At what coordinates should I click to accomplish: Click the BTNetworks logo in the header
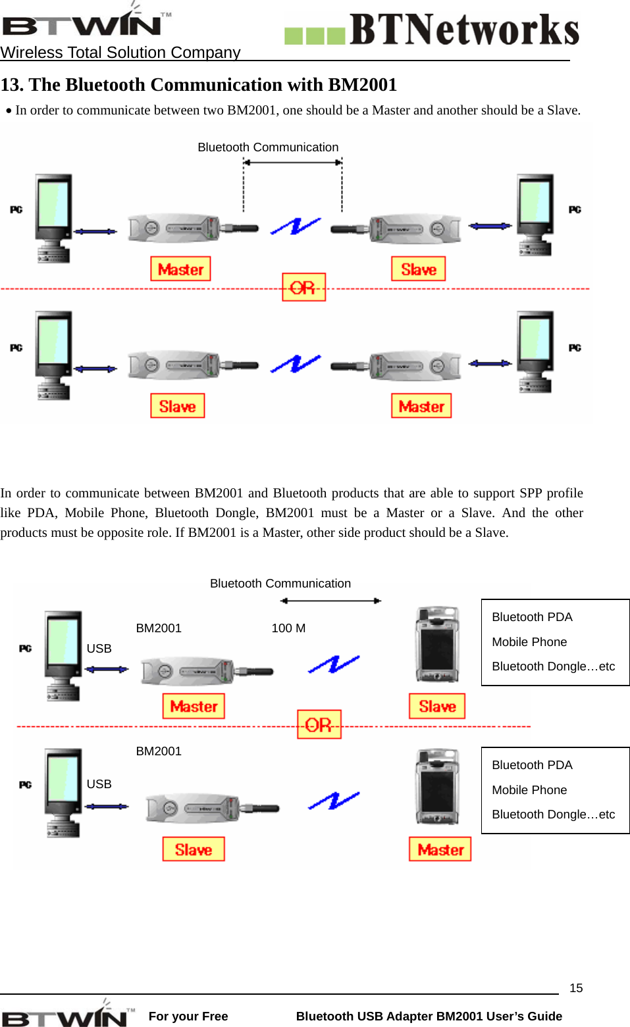(x=432, y=30)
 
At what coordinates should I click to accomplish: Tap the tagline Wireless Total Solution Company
(x=120, y=53)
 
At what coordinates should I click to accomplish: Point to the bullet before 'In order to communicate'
(x=9, y=111)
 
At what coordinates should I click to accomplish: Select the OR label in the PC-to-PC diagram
(x=303, y=288)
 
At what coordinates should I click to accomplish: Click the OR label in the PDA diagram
(x=319, y=724)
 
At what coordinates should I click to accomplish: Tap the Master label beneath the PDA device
(x=440, y=849)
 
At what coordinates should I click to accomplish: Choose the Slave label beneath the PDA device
(x=437, y=706)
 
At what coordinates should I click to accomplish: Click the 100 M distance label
(x=288, y=628)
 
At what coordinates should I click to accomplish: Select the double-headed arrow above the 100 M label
(x=330, y=601)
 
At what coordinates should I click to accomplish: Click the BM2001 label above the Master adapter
(x=159, y=628)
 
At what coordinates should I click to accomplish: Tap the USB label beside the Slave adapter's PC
(x=99, y=784)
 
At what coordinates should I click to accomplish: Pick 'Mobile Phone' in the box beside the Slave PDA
(x=529, y=642)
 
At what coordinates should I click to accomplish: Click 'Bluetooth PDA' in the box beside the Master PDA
(x=532, y=765)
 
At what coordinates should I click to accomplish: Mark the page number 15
(x=576, y=988)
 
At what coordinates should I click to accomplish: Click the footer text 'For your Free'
(x=188, y=1016)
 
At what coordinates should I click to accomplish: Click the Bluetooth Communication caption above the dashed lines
(x=268, y=147)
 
